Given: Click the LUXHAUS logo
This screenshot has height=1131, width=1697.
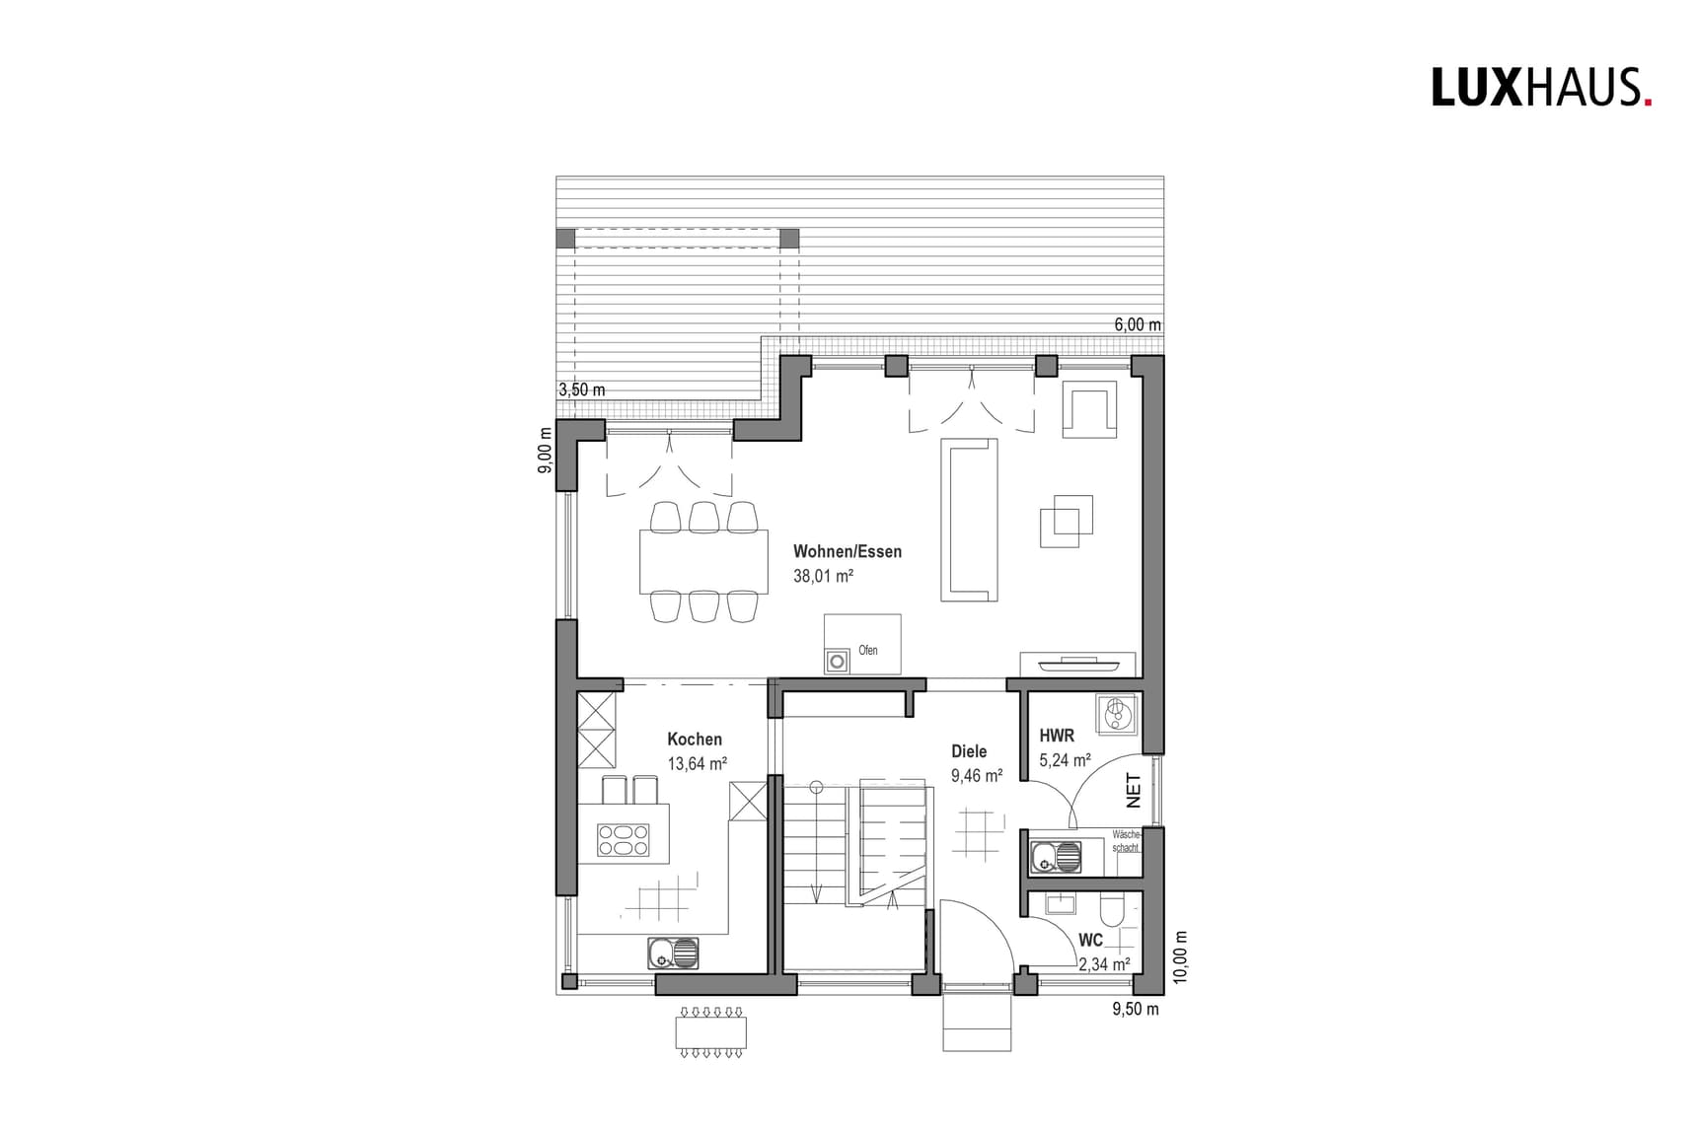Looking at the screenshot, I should click(x=1541, y=87).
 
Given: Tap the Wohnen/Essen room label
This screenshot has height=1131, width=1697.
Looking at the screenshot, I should click(x=847, y=551).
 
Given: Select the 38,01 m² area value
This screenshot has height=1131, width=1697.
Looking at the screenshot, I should click(x=823, y=576).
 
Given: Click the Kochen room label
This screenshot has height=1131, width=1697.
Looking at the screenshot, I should click(x=695, y=739).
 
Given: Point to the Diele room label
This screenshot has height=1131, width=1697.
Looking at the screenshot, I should click(x=969, y=751).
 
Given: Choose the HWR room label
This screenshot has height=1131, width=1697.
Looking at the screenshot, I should click(x=1057, y=736).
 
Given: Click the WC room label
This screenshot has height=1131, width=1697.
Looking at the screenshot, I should click(x=1090, y=940).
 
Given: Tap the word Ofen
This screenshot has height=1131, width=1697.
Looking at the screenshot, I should click(x=868, y=650).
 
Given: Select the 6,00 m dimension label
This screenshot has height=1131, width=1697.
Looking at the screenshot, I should click(x=1138, y=324).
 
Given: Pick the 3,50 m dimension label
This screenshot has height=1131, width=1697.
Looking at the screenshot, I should click(x=582, y=389).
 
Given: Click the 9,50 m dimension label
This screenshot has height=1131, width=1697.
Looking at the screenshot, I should click(x=1136, y=1009).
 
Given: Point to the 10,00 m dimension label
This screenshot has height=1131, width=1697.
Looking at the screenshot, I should click(x=1182, y=956).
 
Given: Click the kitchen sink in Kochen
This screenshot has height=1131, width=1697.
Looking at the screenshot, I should click(x=673, y=953).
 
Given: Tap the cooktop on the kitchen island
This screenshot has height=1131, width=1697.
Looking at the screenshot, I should click(x=624, y=839).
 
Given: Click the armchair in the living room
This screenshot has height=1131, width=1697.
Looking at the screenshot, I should click(x=1089, y=408).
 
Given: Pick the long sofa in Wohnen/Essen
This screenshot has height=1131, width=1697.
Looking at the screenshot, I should click(x=969, y=520).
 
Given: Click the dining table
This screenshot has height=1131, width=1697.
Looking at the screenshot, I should click(x=703, y=561).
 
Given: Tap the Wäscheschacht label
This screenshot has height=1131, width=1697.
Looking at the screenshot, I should click(x=1126, y=841).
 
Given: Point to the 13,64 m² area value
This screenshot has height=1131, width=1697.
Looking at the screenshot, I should click(x=698, y=763).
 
